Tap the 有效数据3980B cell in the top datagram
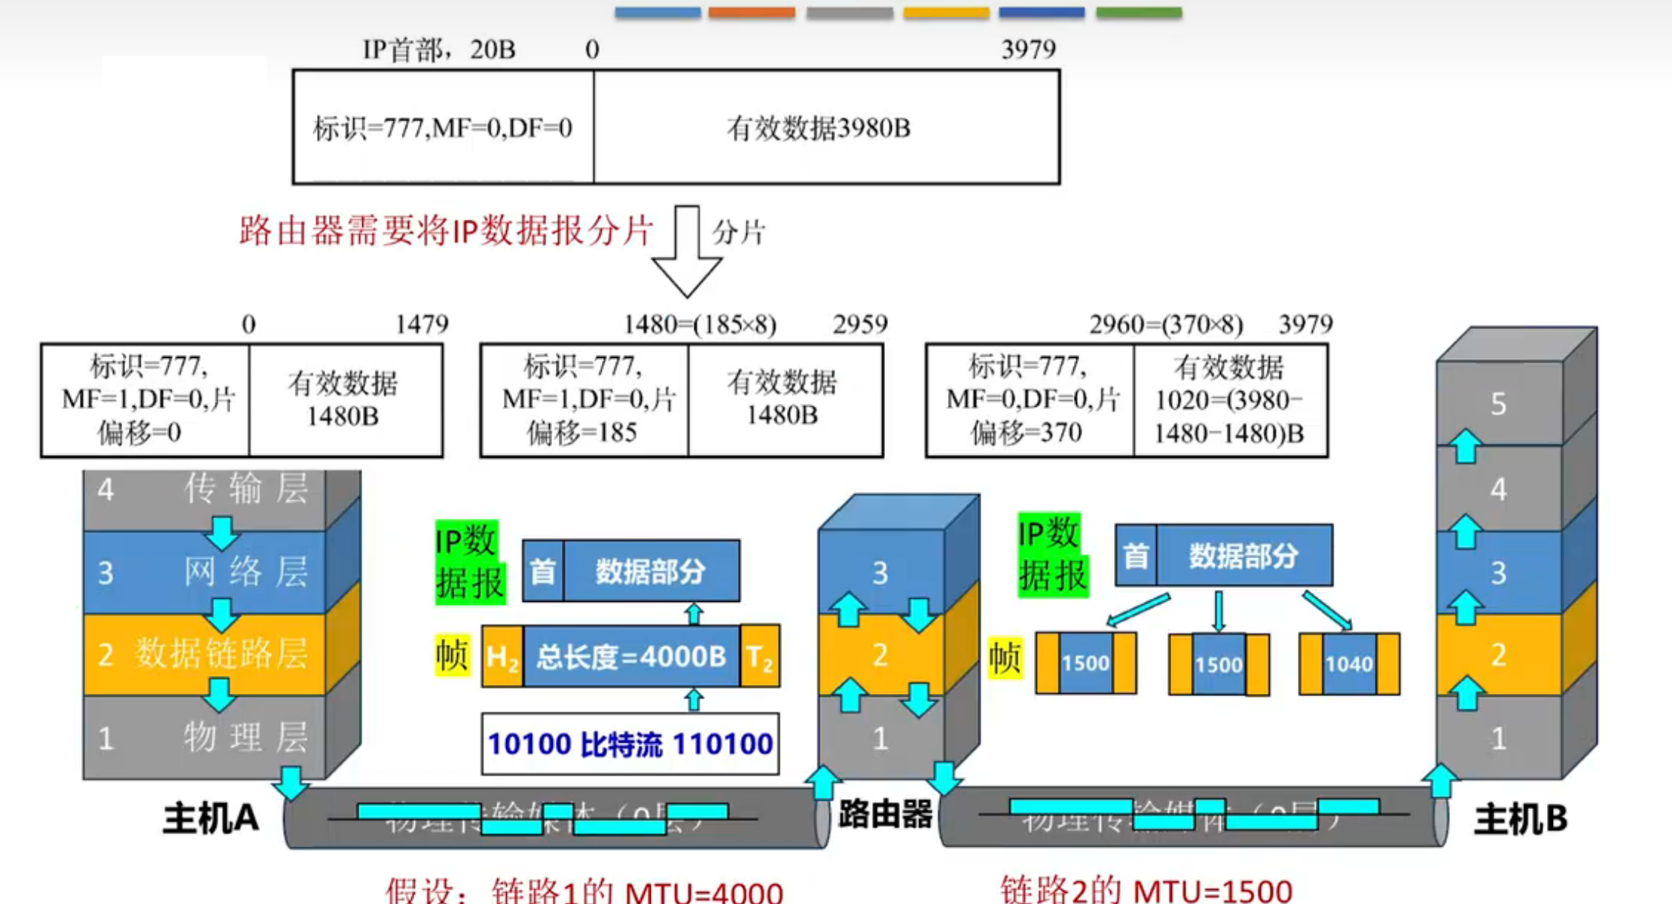[825, 127]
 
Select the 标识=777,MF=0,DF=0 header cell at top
[443, 127]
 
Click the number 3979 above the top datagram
[1028, 50]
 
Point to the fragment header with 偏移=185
[584, 400]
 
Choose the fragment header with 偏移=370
[1029, 400]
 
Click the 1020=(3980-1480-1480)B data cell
[1230, 400]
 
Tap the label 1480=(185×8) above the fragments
[700, 325]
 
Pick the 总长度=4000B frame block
[631, 657]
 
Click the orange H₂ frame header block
[502, 657]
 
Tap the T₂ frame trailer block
[760, 657]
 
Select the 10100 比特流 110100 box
[630, 744]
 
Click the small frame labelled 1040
[1349, 664]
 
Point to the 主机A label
[211, 818]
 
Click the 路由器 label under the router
[885, 814]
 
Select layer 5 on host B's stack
[1499, 405]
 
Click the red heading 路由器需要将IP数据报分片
[445, 231]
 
